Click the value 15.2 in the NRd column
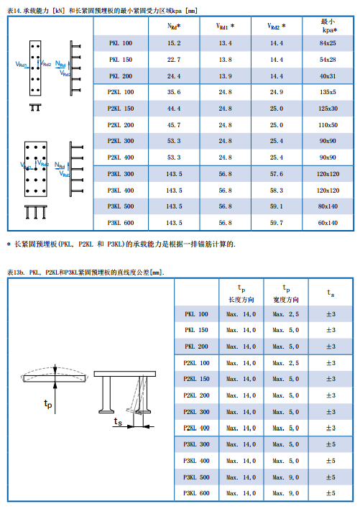[173, 45]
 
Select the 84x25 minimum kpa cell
[328, 45]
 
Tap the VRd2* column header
[276, 26]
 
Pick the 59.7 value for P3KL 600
[276, 223]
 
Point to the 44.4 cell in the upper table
[173, 109]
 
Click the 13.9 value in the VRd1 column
[225, 76]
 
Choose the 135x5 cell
[328, 92]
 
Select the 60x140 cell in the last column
[328, 223]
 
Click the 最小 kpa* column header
[328, 27]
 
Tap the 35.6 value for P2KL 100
[173, 92]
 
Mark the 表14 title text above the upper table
[101, 9]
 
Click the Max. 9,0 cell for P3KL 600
[286, 493]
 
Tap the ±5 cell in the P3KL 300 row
[331, 444]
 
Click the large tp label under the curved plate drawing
[49, 404]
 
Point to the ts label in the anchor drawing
[119, 423]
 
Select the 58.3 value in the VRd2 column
[276, 191]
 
